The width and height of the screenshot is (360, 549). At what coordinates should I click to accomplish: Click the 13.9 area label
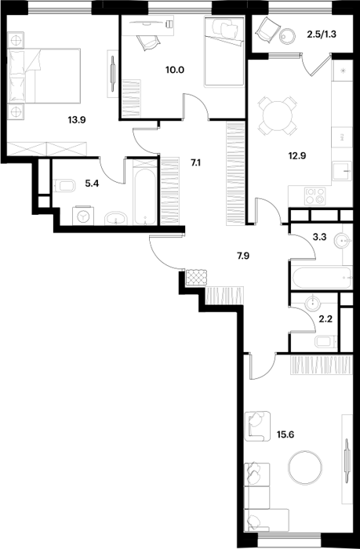77,121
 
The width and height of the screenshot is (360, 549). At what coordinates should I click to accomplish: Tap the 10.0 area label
175,69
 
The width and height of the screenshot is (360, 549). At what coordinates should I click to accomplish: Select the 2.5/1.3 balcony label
321,35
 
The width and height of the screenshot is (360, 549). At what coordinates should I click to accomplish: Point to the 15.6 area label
285,434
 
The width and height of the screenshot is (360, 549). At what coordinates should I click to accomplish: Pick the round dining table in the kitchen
277,115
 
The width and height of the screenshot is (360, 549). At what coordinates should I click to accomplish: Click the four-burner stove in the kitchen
315,196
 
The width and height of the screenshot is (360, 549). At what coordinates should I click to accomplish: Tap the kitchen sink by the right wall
341,171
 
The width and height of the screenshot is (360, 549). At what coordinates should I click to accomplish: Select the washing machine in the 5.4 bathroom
83,216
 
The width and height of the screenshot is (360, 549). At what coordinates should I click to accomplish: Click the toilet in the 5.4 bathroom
65,186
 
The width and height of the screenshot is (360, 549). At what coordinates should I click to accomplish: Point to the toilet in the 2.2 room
325,342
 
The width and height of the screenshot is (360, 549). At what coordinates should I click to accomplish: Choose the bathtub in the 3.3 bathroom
322,278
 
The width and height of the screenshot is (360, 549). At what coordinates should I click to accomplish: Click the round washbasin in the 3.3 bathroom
342,241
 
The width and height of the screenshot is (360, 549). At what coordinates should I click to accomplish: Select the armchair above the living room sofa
257,426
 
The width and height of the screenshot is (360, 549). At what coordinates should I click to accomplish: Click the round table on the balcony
288,36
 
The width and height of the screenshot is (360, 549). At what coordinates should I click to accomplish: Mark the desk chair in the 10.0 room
148,42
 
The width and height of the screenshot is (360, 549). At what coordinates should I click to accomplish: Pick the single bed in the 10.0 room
224,51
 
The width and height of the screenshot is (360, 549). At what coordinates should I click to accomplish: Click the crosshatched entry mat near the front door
196,278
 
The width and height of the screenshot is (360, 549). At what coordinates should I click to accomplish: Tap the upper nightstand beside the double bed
16,40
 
